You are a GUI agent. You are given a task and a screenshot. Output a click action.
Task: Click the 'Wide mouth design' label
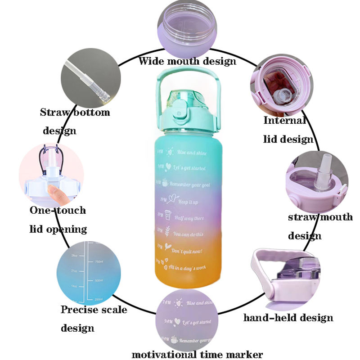click(x=187, y=61)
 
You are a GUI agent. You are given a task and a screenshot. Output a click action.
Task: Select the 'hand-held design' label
click(x=288, y=318)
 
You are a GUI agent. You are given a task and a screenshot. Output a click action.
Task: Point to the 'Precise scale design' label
click(x=94, y=318)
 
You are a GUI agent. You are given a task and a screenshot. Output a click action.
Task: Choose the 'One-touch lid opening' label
click(x=58, y=220)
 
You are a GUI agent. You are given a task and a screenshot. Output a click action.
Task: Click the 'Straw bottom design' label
click(x=75, y=121)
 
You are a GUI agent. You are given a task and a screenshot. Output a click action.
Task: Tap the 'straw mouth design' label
click(x=319, y=226)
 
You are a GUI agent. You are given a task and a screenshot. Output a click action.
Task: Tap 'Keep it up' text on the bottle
click(x=189, y=202)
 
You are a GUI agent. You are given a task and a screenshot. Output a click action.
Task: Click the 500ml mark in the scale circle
click(x=100, y=281)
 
